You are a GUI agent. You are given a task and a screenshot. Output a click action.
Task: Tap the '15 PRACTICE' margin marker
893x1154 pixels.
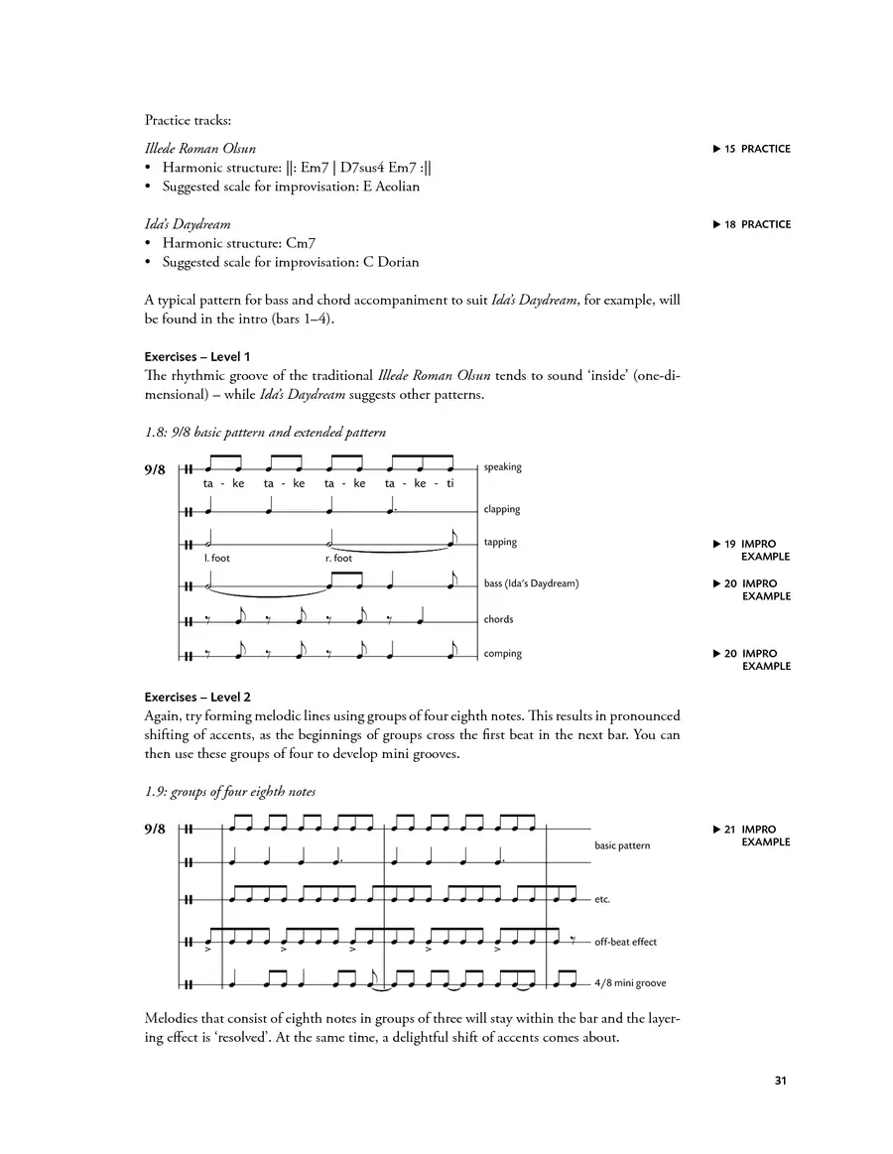(751, 149)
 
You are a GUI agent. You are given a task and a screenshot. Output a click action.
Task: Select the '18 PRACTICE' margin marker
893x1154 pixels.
(751, 224)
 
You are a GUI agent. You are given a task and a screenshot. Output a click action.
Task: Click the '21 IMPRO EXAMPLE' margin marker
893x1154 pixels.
(751, 835)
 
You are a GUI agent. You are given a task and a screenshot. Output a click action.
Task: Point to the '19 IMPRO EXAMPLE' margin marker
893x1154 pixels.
(751, 550)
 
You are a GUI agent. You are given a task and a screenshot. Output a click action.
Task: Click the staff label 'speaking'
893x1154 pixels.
(503, 467)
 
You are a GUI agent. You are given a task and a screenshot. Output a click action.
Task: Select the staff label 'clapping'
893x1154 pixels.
(502, 509)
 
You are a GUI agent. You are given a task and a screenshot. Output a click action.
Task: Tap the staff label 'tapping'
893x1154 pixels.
(501, 543)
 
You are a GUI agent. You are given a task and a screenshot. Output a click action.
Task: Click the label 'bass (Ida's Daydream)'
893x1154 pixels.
(531, 583)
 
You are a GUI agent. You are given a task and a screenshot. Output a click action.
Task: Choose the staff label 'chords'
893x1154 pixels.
(499, 619)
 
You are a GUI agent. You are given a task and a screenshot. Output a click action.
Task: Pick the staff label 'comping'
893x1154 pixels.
(503, 654)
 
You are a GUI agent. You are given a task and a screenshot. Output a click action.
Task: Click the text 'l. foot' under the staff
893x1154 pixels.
(217, 559)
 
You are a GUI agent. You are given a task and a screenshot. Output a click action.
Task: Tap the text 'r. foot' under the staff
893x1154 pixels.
(339, 559)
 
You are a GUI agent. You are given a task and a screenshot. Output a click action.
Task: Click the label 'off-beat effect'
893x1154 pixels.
(625, 942)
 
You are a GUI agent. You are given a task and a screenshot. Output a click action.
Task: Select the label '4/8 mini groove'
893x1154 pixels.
(630, 983)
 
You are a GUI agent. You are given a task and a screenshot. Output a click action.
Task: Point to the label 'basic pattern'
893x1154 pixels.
(622, 845)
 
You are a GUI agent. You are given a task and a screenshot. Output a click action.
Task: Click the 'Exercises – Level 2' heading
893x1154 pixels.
(197, 698)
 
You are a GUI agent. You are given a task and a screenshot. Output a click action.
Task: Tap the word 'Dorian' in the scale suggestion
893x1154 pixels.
(396, 263)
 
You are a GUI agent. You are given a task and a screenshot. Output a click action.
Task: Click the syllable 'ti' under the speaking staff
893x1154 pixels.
(449, 484)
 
